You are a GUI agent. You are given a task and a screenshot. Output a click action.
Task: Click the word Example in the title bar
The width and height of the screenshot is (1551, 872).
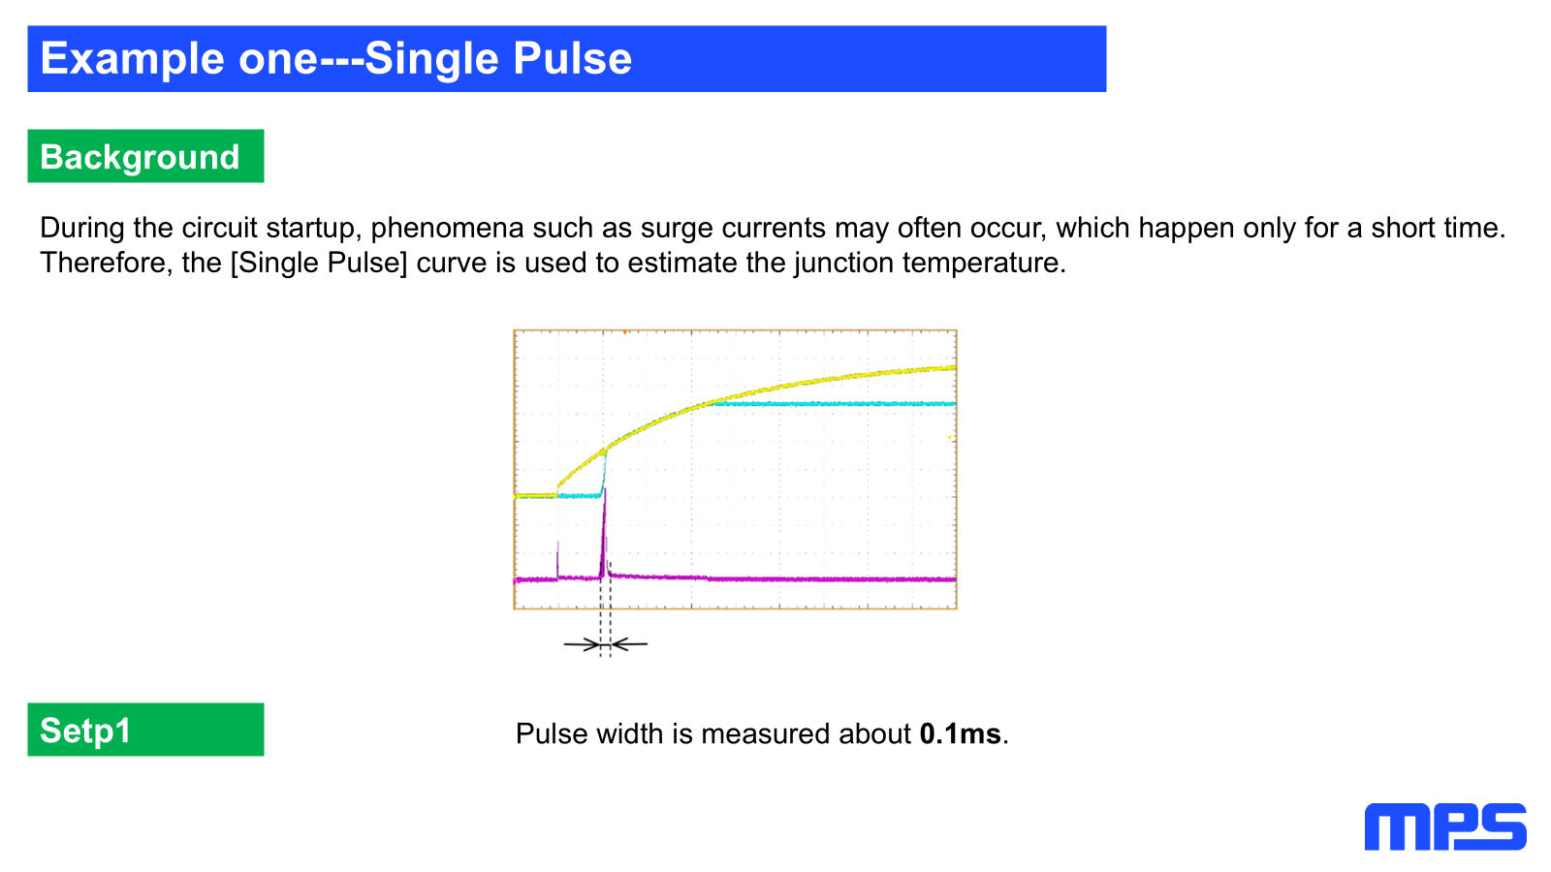click(132, 60)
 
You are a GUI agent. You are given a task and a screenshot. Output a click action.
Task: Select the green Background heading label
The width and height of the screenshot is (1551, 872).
click(145, 156)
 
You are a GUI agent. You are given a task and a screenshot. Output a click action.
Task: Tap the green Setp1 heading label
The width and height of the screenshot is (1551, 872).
click(145, 730)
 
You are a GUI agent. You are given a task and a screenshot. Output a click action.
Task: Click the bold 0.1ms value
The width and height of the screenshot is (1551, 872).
click(960, 733)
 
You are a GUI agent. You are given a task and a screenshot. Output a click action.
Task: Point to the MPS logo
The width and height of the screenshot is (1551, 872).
click(1445, 826)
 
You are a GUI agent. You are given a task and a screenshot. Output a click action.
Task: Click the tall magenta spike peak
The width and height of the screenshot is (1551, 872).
click(605, 490)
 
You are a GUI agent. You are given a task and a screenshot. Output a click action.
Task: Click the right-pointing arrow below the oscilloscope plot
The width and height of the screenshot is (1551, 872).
click(582, 644)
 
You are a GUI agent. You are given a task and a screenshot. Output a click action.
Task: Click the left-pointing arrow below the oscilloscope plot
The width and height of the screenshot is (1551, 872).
click(629, 644)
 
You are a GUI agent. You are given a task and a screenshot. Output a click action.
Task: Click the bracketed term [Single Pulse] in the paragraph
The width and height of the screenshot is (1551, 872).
click(319, 264)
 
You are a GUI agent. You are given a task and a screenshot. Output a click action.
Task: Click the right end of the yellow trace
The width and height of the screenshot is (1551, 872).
click(956, 367)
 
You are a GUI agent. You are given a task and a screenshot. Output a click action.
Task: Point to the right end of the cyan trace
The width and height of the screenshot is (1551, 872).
click(956, 403)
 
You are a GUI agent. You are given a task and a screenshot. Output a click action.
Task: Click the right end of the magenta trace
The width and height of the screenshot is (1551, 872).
click(956, 579)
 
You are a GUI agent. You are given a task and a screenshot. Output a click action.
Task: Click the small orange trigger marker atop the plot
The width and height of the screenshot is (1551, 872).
click(624, 332)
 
